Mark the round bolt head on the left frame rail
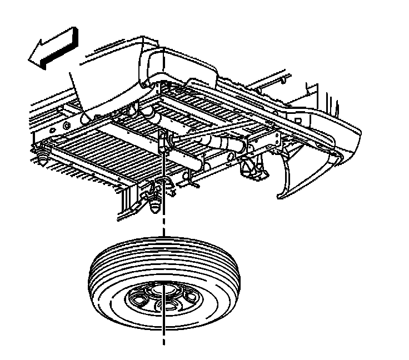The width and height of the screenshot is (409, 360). [86, 118]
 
